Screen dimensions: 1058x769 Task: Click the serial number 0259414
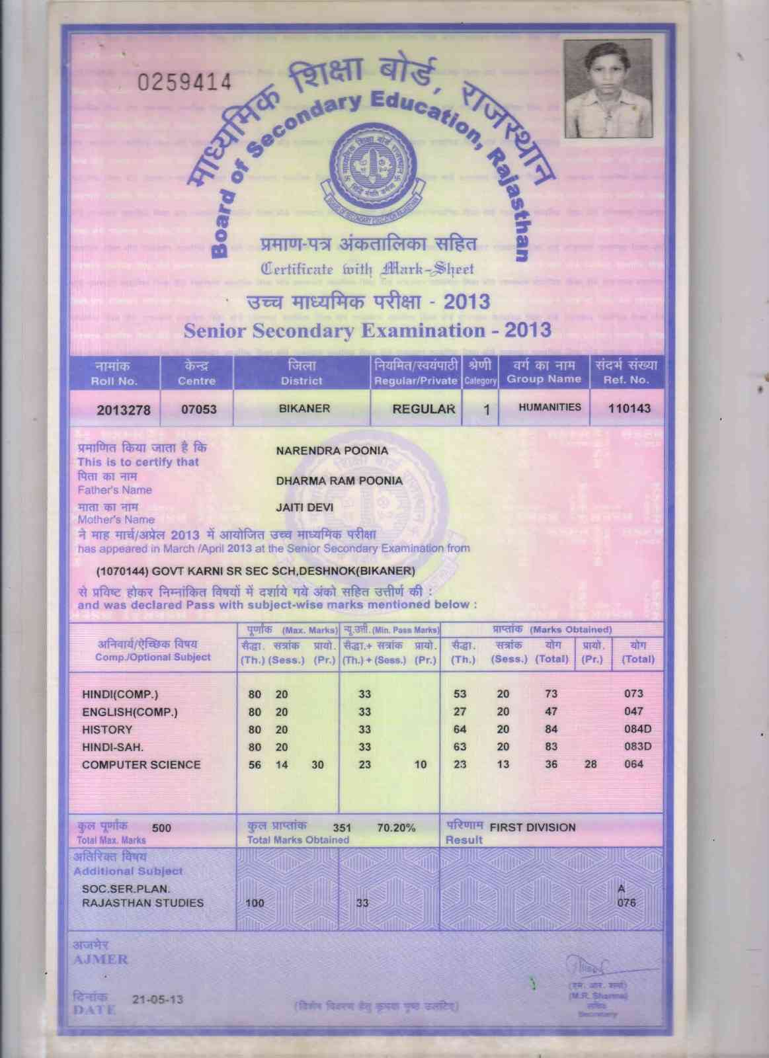point(184,82)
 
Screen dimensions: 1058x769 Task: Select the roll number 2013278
point(124,410)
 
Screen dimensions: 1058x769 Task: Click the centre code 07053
point(199,409)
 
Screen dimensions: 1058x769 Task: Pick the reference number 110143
point(629,408)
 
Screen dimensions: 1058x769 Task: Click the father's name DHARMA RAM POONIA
point(339,481)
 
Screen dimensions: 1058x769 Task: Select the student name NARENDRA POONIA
point(332,451)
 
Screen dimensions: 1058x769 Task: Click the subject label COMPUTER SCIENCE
point(141,764)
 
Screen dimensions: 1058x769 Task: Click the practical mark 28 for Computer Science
point(590,764)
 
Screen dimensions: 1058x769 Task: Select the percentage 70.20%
point(396,827)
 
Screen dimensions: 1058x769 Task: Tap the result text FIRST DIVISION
point(532,827)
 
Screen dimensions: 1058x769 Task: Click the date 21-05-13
point(158,999)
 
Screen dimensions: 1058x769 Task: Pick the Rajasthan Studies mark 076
point(626,903)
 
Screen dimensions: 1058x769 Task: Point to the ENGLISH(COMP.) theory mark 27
point(460,712)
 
